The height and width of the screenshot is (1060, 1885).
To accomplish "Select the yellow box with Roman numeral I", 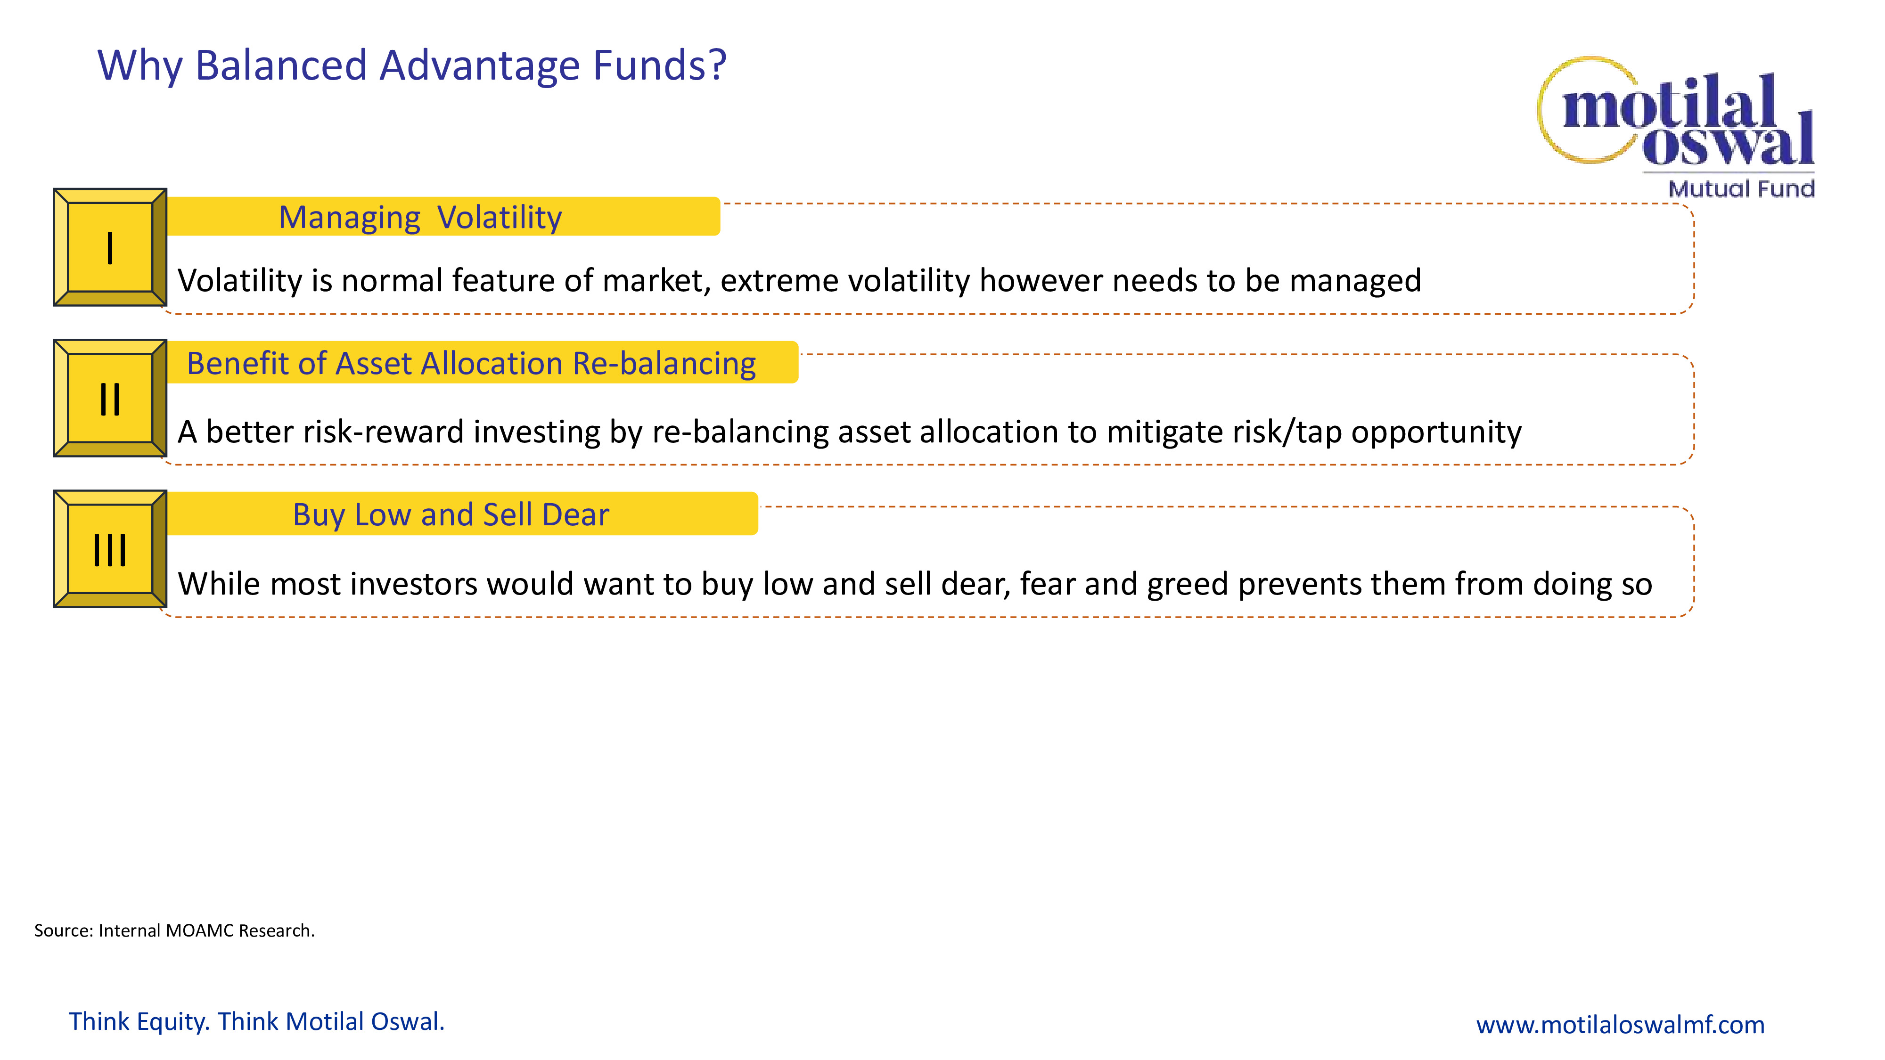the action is coord(110,247).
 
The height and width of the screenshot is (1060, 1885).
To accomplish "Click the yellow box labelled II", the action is coord(110,399).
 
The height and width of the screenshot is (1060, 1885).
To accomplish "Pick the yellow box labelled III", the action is coord(110,549).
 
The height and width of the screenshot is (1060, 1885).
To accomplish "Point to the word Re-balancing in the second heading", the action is coord(664,364).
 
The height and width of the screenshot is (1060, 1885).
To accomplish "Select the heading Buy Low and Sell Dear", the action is coord(451,515).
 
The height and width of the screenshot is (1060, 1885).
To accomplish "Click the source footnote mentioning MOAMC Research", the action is coord(174,930).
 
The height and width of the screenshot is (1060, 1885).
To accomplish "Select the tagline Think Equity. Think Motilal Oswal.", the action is coord(257,1021).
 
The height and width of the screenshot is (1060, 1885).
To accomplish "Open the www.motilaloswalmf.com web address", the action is coord(1620,1024).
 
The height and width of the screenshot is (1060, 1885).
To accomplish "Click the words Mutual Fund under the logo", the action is coord(1742,189).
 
